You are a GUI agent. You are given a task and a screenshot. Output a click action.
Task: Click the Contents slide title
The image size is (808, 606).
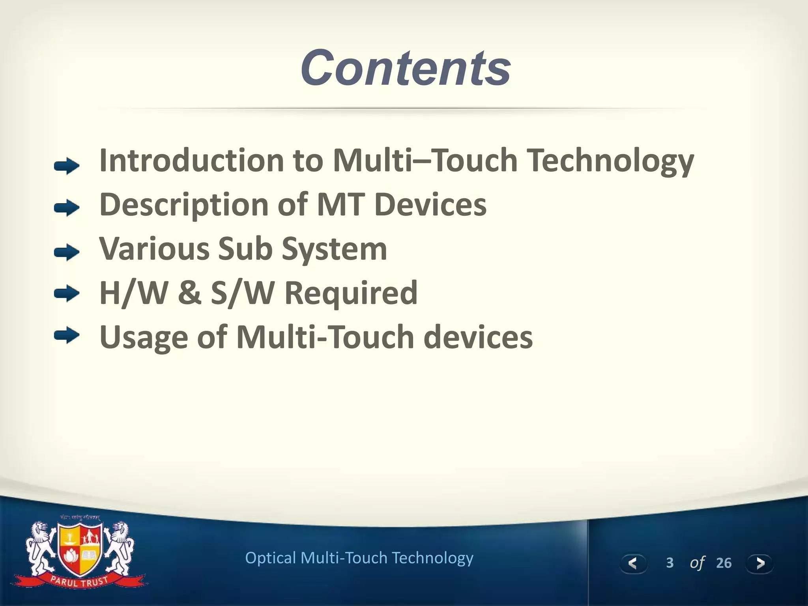tap(405, 68)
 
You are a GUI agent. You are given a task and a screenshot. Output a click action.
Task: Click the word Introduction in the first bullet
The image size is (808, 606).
tap(191, 160)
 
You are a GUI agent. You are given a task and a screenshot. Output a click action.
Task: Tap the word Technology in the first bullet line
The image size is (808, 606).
tap(611, 161)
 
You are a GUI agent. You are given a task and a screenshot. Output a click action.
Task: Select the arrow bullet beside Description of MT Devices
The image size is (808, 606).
tap(67, 208)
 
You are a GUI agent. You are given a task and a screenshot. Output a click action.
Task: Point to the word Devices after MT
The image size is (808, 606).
tap(430, 204)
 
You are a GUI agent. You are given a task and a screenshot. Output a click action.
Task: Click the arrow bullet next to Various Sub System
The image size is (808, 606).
tap(67, 252)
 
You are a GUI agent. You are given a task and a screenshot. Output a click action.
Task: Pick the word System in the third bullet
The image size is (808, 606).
tap(334, 249)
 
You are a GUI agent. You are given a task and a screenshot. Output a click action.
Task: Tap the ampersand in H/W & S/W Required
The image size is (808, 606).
tap(189, 293)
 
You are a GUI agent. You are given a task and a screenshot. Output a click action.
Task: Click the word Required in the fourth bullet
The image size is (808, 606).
tap(350, 294)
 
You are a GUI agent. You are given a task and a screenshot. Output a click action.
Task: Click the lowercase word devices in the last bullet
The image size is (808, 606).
tap(478, 337)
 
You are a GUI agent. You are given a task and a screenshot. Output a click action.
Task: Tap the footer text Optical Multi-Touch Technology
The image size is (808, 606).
tap(359, 558)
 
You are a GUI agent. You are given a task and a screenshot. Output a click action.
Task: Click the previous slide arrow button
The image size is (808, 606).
tap(633, 563)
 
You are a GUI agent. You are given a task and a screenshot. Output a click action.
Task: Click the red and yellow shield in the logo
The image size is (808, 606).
tap(80, 548)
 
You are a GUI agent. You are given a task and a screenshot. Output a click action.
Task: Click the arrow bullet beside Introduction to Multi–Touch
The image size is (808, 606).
tap(67, 166)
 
